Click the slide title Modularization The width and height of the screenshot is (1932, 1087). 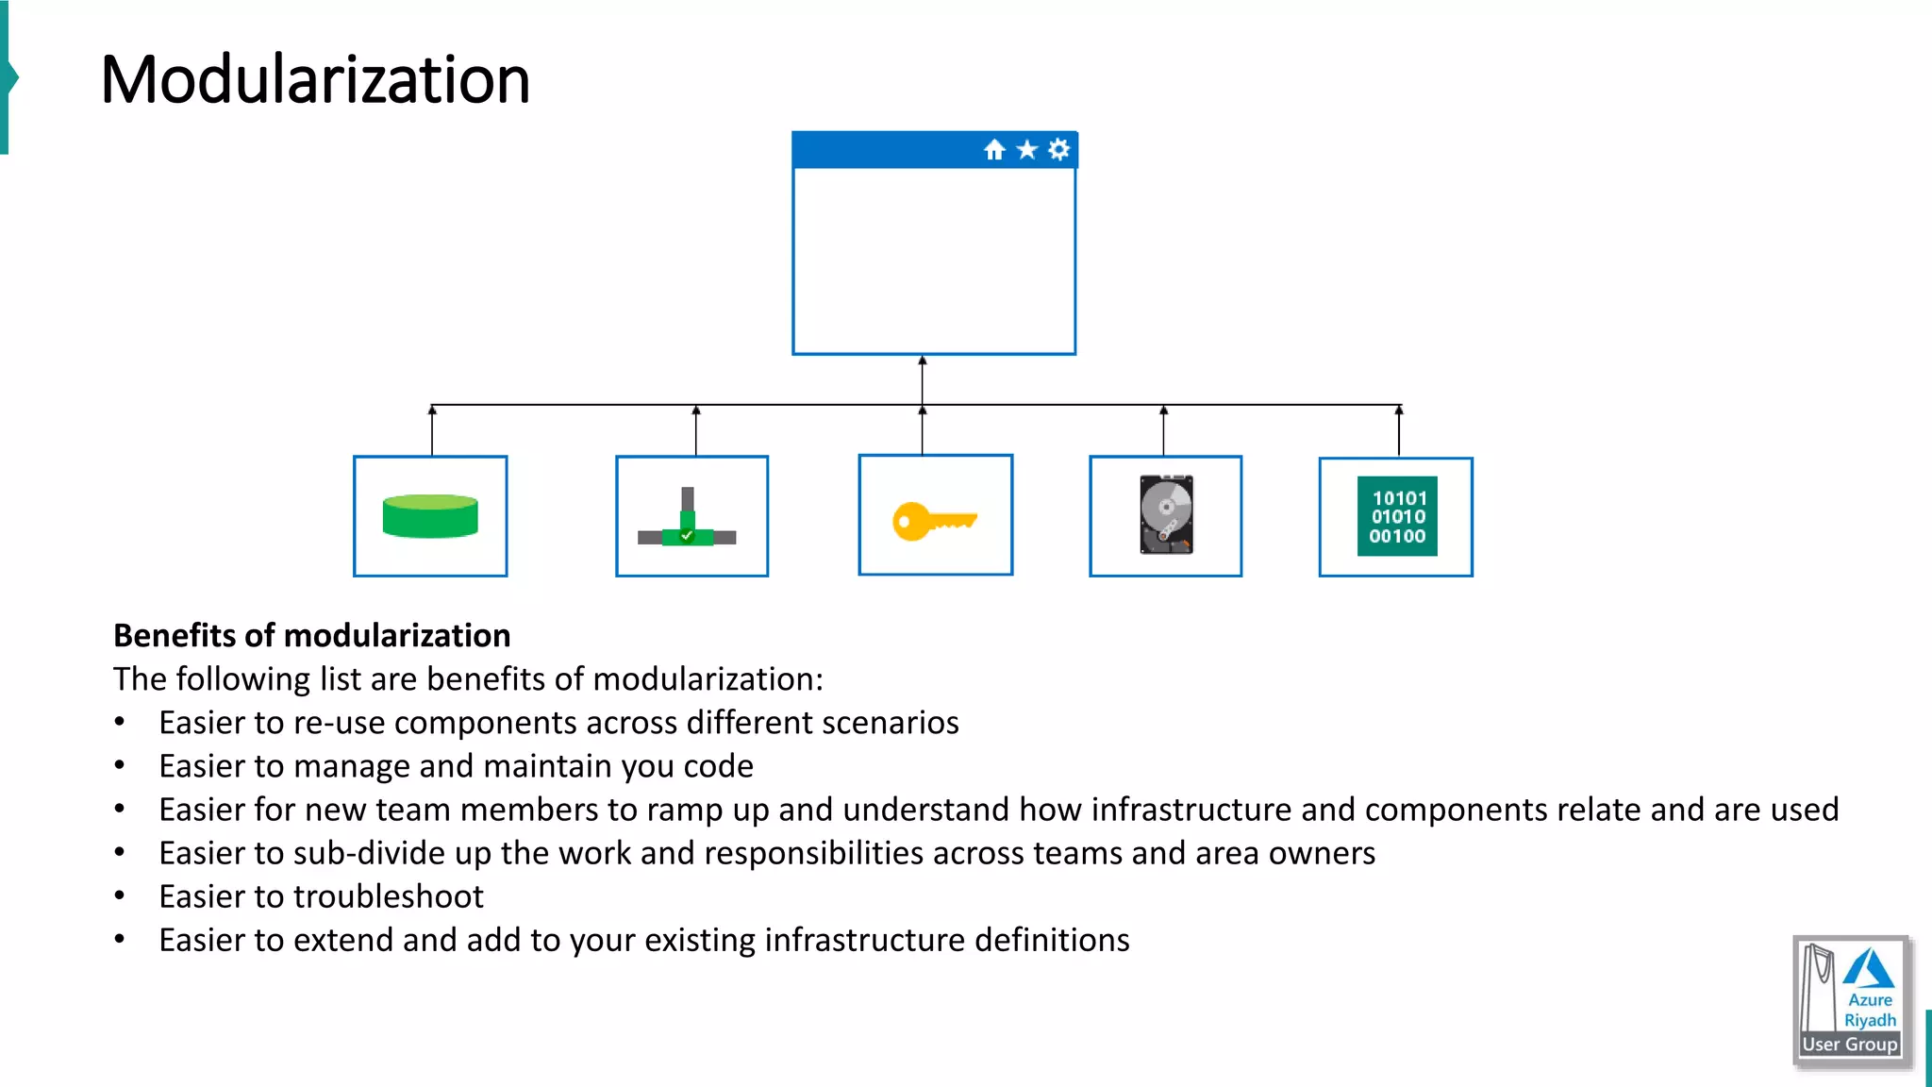(x=315, y=79)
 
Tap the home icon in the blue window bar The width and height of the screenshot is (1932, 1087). (x=994, y=150)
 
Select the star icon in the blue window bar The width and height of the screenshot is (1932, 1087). (x=1027, y=150)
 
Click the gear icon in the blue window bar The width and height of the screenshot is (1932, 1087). (x=1059, y=149)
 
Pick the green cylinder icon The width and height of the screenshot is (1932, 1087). (x=430, y=516)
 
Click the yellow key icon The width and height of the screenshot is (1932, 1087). (x=934, y=521)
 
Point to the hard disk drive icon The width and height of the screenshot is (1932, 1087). (x=1166, y=514)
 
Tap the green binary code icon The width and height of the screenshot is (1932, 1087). (x=1397, y=516)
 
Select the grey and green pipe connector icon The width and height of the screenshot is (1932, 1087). (x=687, y=522)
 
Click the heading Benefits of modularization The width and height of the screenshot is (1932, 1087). (x=311, y=636)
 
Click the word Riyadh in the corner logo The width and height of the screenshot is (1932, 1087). (x=1870, y=1020)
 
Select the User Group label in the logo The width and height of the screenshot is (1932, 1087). (x=1850, y=1045)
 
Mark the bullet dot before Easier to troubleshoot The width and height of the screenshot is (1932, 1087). (x=119, y=896)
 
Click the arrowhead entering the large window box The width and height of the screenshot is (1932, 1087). (x=923, y=360)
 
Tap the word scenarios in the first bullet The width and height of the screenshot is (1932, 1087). (x=890, y=723)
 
